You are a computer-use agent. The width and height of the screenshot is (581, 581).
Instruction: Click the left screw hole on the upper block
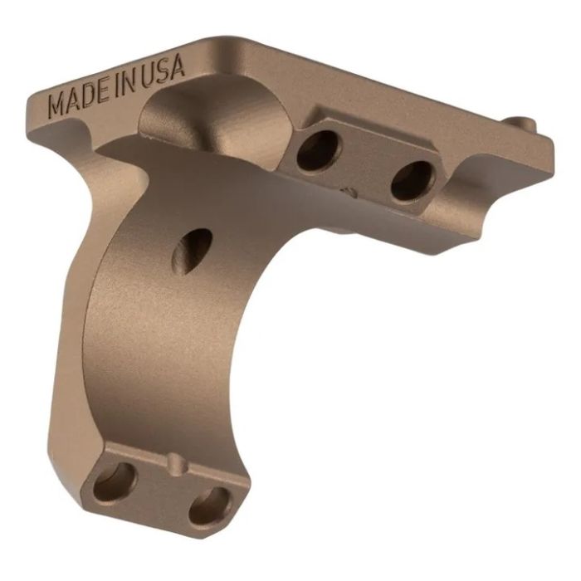315,150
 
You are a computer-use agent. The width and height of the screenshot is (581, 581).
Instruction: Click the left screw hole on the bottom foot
114,482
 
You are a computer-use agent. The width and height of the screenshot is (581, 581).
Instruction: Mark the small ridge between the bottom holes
171,461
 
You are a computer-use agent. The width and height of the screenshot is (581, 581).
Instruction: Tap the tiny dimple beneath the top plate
352,193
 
